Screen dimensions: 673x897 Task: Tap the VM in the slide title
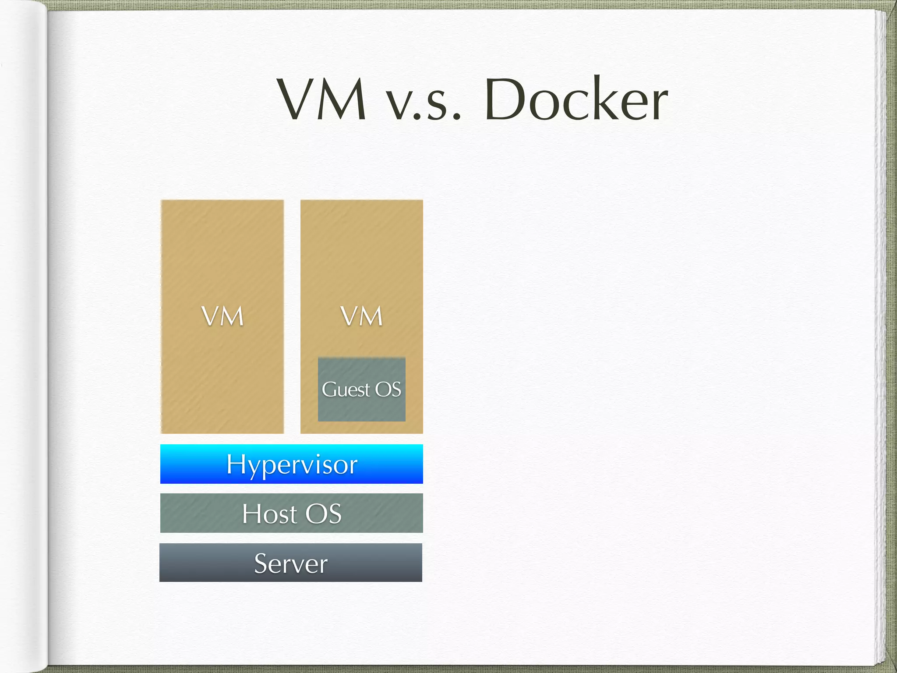pyautogui.click(x=322, y=100)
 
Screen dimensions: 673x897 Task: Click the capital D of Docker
pyautogui.click(x=506, y=100)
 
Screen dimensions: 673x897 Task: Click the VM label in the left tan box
pyautogui.click(x=222, y=316)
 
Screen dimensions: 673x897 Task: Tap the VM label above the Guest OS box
pyautogui.click(x=362, y=316)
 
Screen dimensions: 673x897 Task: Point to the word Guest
pyautogui.click(x=346, y=390)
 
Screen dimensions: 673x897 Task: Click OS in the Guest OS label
pyautogui.click(x=388, y=390)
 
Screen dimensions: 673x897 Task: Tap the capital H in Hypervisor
pyautogui.click(x=235, y=464)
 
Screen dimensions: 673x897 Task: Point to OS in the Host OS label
pyautogui.click(x=323, y=514)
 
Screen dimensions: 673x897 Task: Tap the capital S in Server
pyautogui.click(x=261, y=563)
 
